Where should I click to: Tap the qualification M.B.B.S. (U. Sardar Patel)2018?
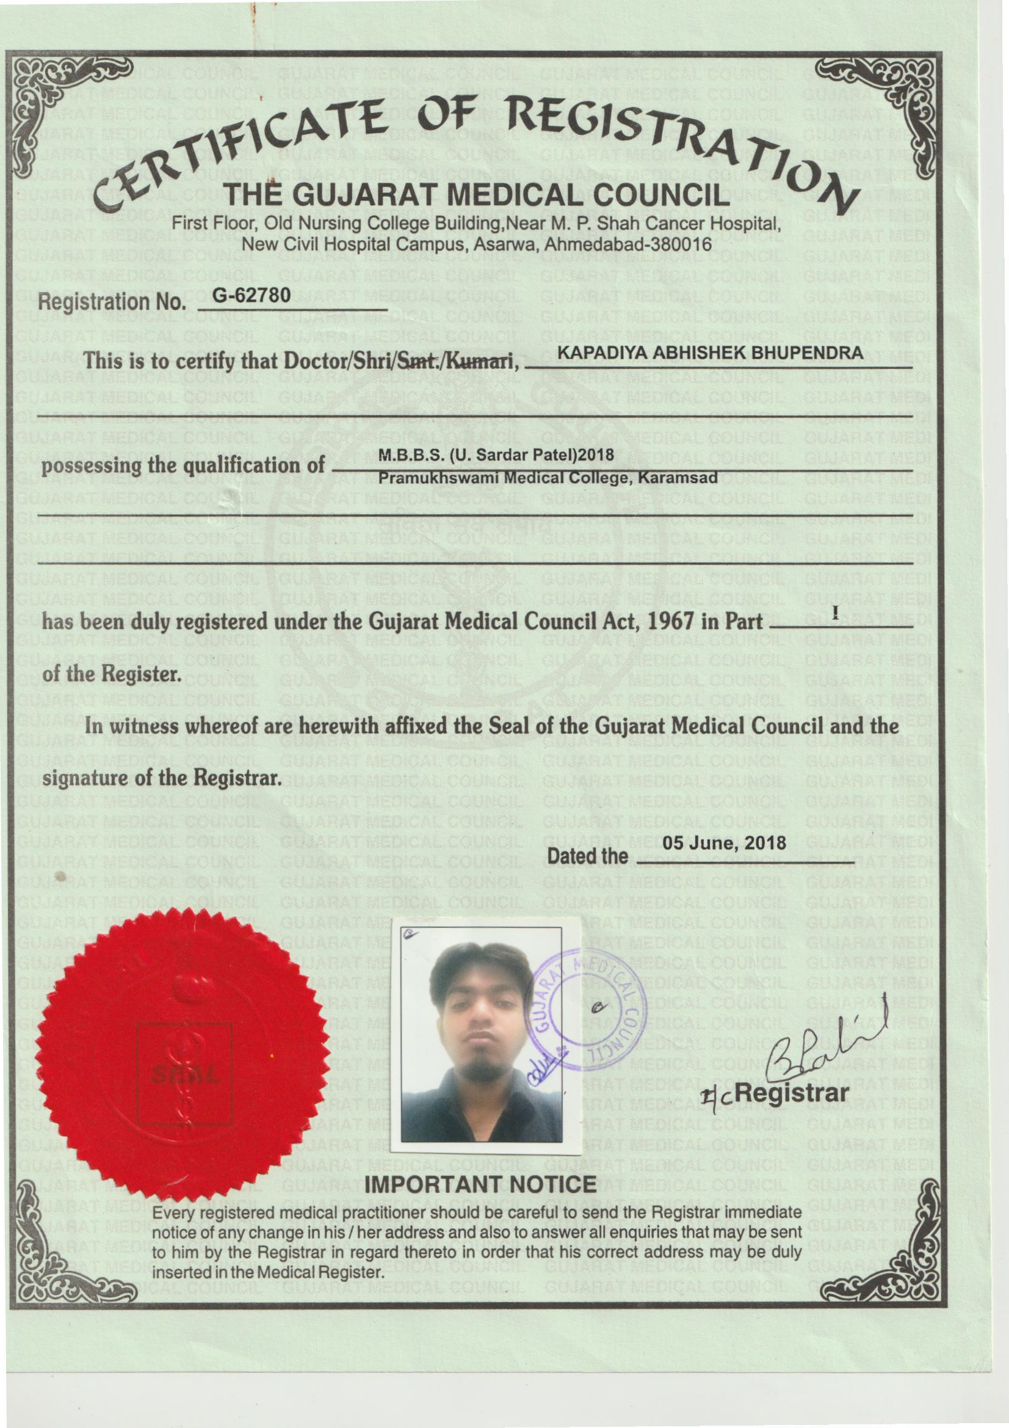[497, 456]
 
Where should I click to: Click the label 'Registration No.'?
[112, 302]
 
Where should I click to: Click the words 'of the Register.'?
[112, 675]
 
